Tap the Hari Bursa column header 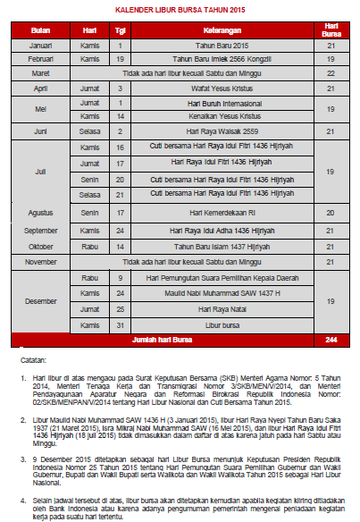coord(331,31)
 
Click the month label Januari coord(41,45)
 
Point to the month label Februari coord(41,58)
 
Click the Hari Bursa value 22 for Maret coord(331,72)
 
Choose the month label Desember coord(41,300)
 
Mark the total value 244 coord(331,340)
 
